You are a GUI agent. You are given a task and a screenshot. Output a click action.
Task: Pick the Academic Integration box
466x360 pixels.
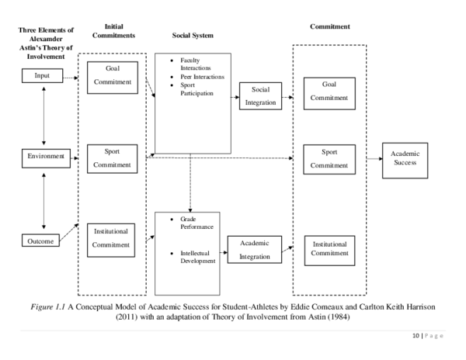(x=254, y=250)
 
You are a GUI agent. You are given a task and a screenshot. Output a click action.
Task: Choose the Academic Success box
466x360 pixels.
(x=410, y=157)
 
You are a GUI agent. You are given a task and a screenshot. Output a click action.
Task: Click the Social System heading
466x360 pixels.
(x=193, y=36)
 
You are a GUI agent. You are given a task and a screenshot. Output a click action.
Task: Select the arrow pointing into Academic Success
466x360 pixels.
(x=372, y=157)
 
